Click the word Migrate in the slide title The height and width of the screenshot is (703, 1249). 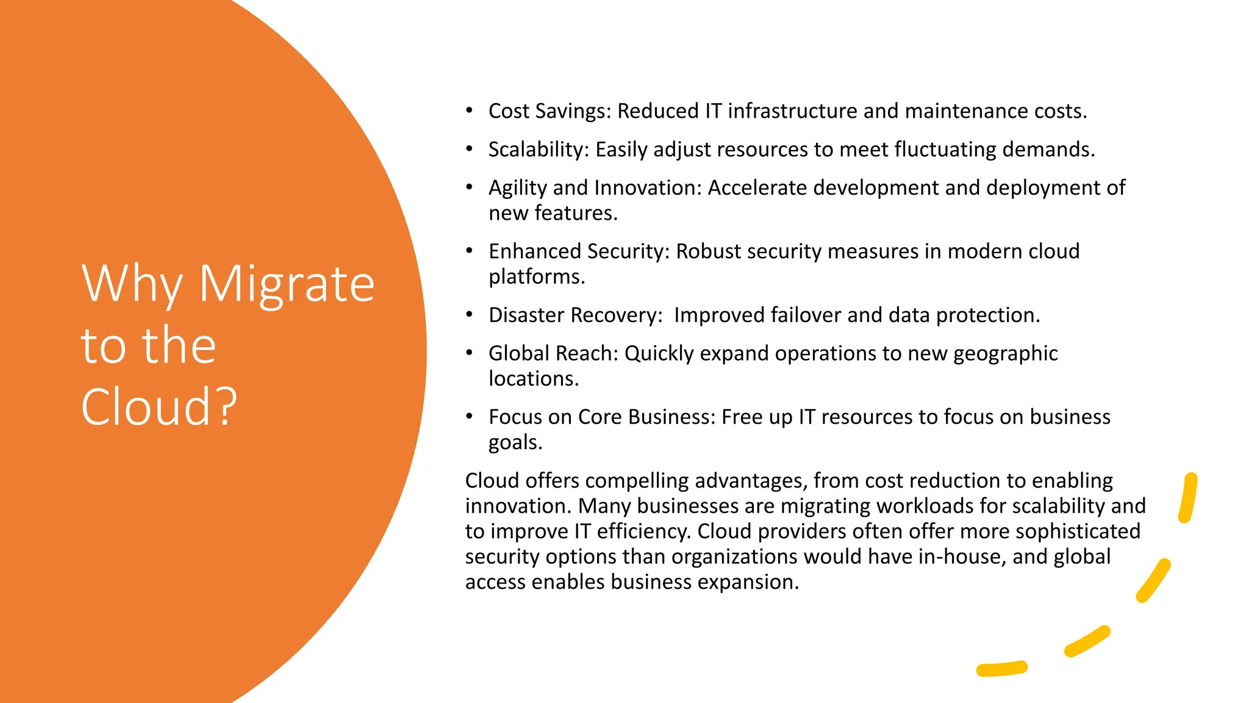287,284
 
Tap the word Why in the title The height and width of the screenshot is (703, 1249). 132,284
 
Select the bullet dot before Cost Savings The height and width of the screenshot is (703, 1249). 469,110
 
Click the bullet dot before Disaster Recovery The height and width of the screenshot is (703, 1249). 469,315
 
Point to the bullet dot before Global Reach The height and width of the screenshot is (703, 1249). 469,353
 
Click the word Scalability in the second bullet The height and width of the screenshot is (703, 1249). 539,150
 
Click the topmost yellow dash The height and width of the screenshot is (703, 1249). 1187,498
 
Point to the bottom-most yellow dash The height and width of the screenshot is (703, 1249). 1001,669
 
